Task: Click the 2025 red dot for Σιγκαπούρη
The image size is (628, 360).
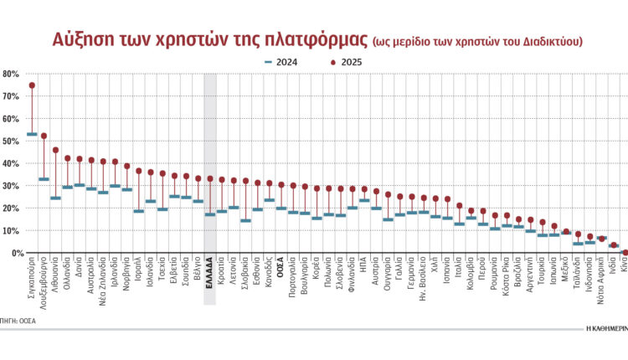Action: [x=32, y=85]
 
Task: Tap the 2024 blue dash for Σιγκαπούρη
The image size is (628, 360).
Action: [x=32, y=134]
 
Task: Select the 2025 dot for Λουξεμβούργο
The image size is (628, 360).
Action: [x=44, y=136]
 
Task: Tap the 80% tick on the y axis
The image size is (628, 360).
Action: [x=11, y=74]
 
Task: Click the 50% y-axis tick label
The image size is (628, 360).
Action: [x=11, y=141]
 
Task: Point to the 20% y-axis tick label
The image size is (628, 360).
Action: [x=11, y=208]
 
